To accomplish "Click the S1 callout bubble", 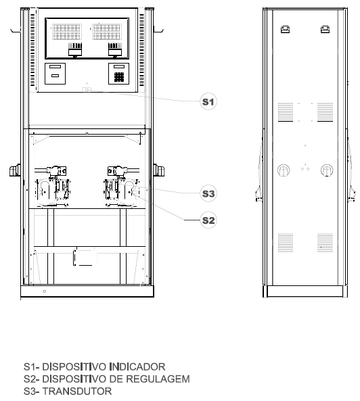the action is (208, 101).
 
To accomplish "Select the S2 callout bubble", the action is (208, 220).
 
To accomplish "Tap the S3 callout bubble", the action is (208, 193).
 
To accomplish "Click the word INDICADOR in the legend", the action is (137, 367).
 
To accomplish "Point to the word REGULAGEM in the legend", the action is (158, 379).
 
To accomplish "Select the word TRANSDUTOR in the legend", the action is (76, 392).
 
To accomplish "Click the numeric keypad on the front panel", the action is (119, 76).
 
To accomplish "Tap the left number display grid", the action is (67, 32).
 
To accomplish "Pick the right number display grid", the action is (107, 32).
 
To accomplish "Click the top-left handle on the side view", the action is (285, 29).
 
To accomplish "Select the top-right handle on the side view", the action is (325, 29).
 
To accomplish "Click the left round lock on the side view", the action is (284, 170).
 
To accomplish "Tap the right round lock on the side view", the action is (327, 170).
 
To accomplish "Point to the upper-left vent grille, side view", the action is (286, 112).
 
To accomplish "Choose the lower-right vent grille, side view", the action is (325, 243).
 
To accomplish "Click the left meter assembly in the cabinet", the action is (53, 186).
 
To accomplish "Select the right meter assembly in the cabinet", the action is (121, 186).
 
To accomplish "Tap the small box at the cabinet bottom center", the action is (85, 257).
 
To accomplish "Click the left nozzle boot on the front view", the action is (15, 170).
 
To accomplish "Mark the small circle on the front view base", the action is (45, 291).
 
